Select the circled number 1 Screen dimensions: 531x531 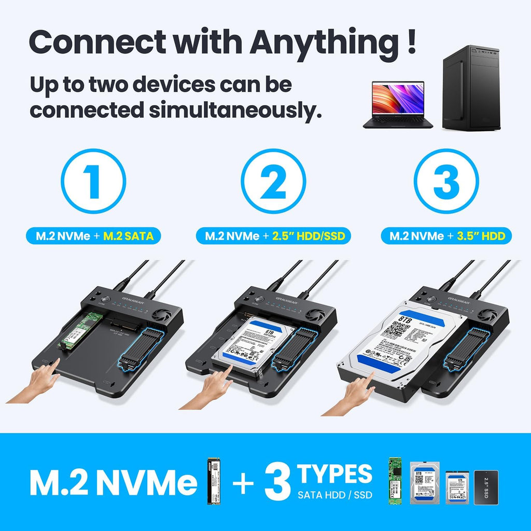pos(93,181)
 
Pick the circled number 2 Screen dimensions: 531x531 pos(273,181)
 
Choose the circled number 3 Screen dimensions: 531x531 pos(446,181)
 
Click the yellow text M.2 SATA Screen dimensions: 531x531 pos(129,236)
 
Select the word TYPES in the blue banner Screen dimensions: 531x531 pos(335,474)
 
